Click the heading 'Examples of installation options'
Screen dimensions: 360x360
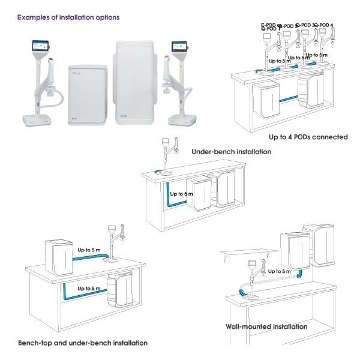tap(68, 17)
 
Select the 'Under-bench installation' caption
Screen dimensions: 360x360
tap(231, 152)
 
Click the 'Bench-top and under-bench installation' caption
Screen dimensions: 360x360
tap(82, 343)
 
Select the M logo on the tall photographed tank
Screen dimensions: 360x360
tap(139, 112)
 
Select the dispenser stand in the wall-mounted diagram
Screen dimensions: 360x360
tap(253, 279)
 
